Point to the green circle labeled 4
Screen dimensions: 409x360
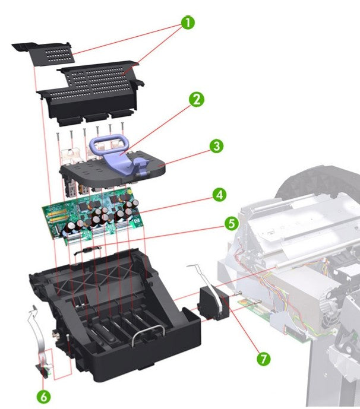coord(219,194)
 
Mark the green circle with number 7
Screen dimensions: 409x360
coord(263,359)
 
